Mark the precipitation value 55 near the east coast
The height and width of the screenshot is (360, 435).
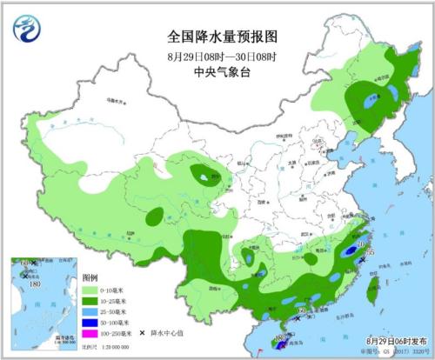pos(369,252)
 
